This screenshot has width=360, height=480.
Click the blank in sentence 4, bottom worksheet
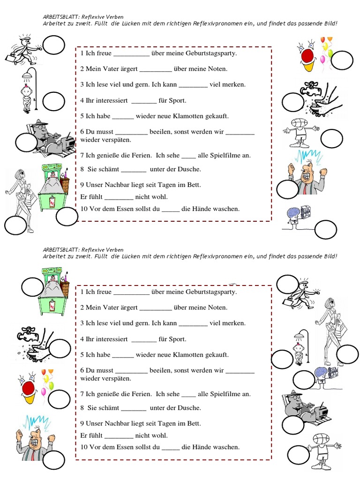coord(144,342)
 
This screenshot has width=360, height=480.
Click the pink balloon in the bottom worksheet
coord(44,391)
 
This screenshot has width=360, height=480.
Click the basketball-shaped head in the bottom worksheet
coord(321,440)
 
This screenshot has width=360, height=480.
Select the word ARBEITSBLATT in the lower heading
coord(61,250)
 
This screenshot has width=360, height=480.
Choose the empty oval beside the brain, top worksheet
coord(326,230)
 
